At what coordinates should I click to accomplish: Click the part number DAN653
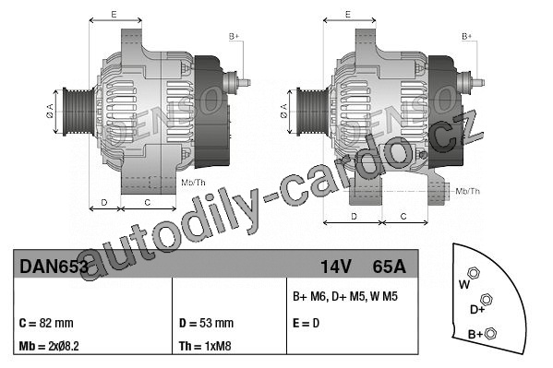click(54, 267)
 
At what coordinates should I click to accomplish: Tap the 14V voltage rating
click(336, 267)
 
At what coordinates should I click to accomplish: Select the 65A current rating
click(390, 267)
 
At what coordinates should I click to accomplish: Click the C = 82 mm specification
click(46, 323)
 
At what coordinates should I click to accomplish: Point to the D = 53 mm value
click(206, 323)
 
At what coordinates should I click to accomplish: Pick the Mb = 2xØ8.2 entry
click(49, 346)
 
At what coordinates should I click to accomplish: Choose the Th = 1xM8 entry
click(205, 346)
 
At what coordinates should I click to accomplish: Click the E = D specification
click(307, 323)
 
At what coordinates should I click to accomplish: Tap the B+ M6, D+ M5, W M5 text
click(345, 296)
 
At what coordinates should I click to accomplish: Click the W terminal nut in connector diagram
click(474, 273)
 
